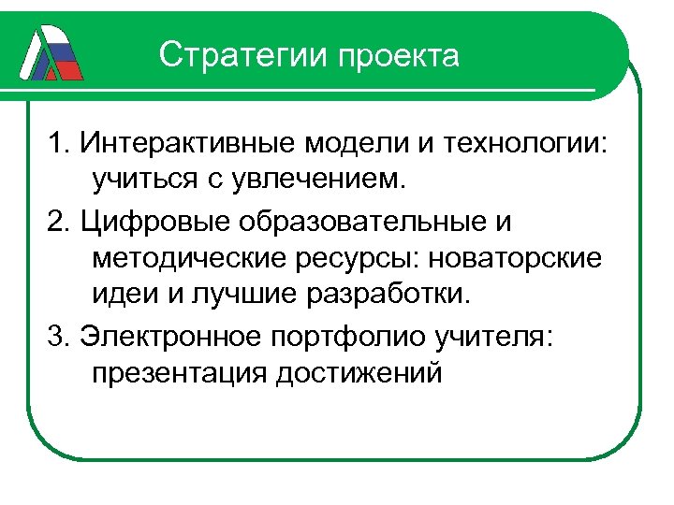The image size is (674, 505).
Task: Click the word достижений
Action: [358, 372]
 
